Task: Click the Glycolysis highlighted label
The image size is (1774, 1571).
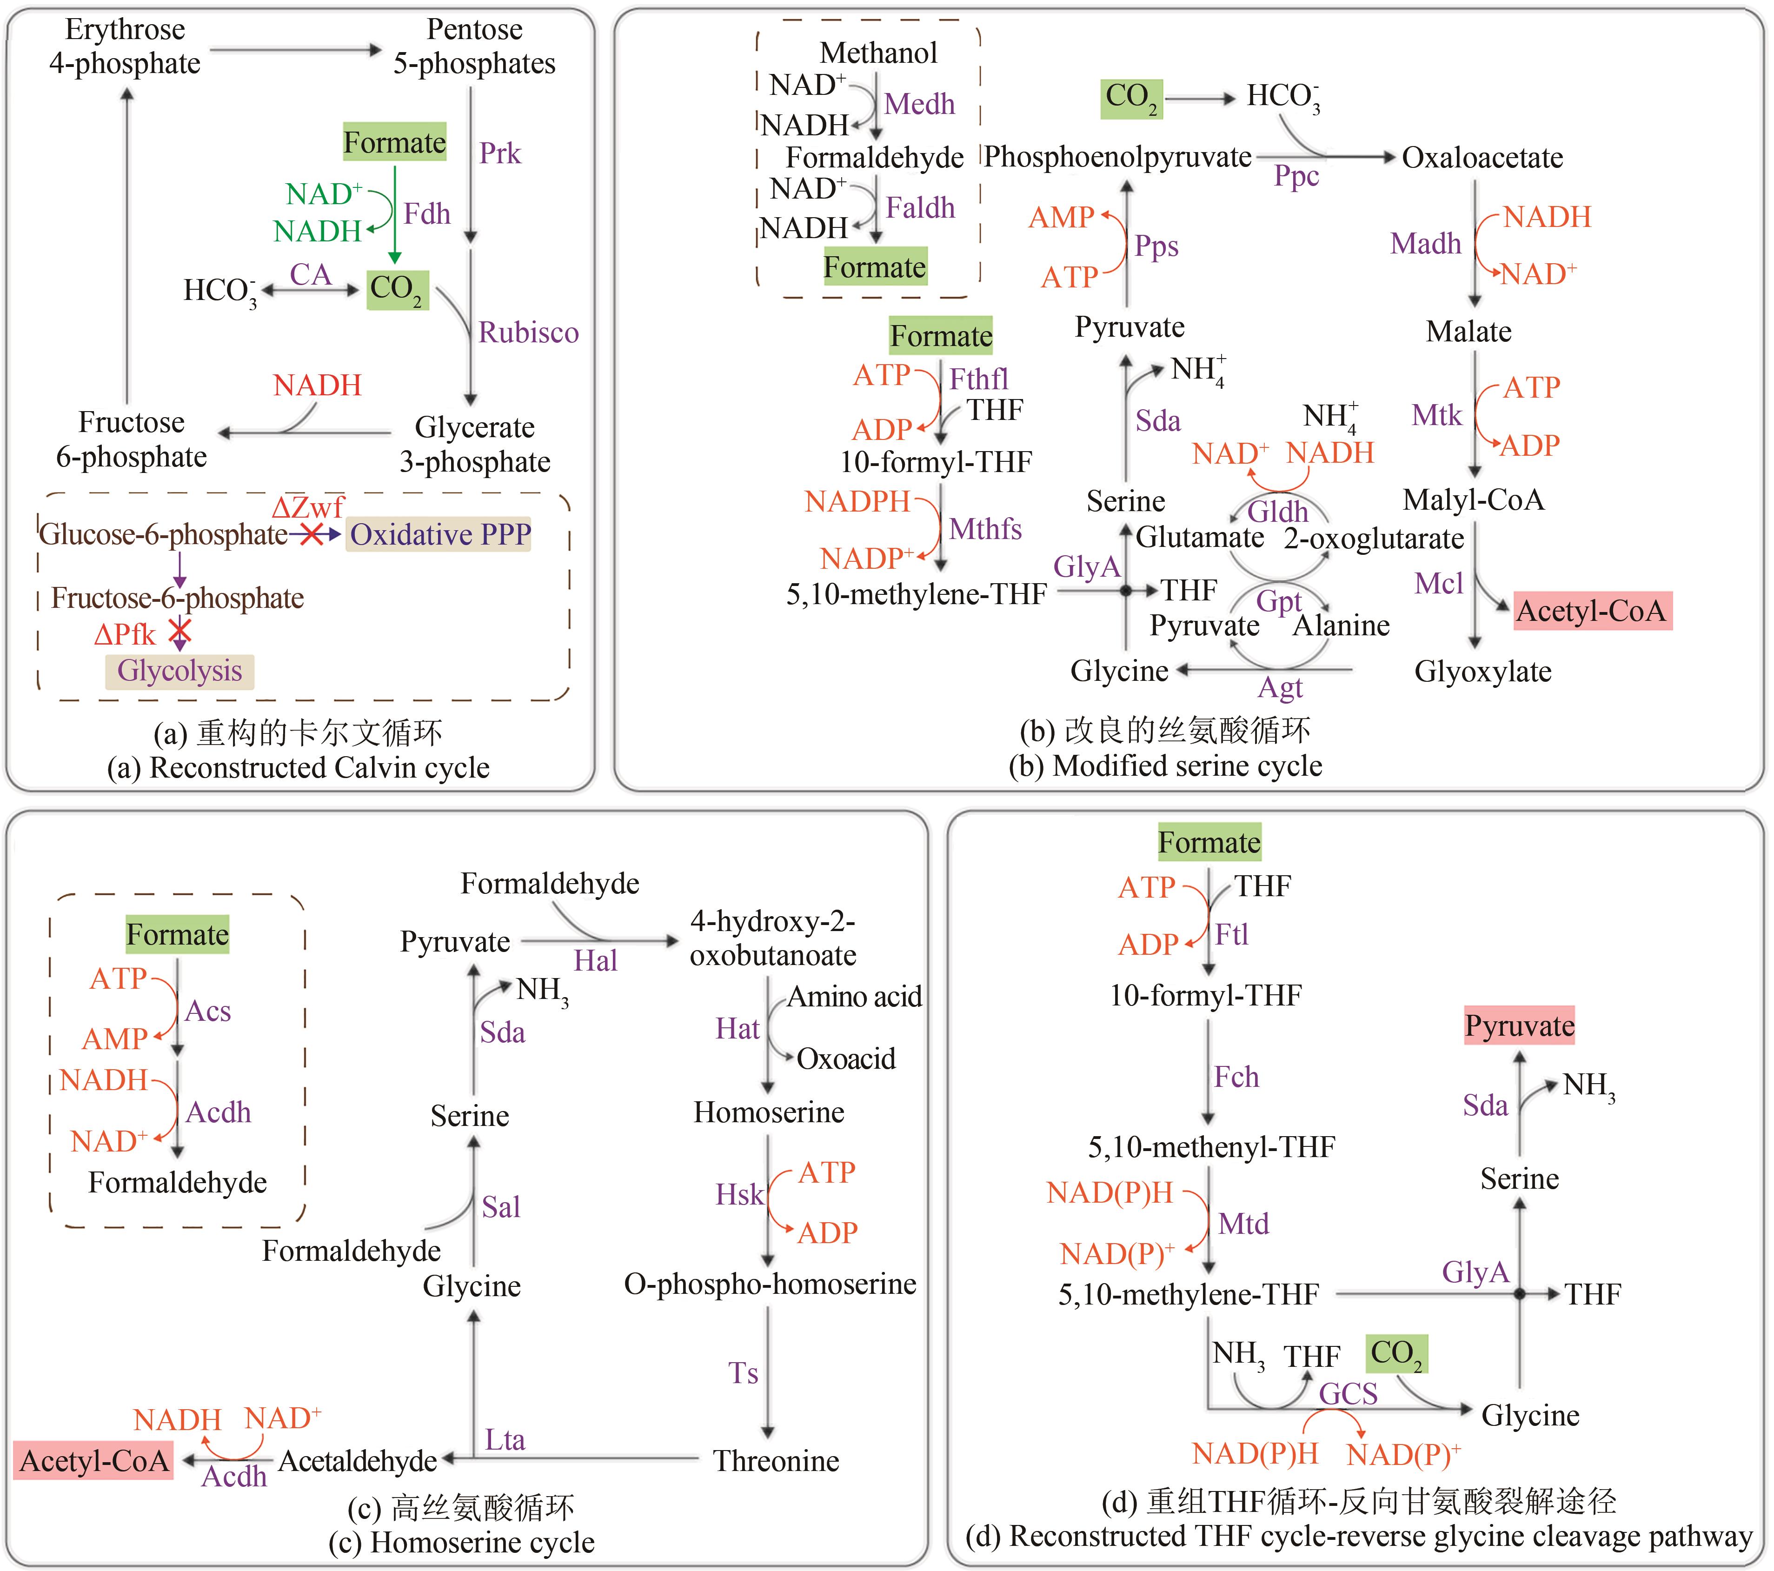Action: point(179,671)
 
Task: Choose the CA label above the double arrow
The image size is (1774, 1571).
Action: point(310,274)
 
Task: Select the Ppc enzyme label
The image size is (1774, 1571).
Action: point(1296,176)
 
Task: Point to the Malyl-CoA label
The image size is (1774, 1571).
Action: point(1474,500)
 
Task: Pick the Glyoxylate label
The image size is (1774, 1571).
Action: point(1482,671)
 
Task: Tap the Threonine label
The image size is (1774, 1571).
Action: point(776,1461)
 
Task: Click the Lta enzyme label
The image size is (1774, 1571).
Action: point(504,1440)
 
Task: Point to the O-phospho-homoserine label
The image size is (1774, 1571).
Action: point(770,1284)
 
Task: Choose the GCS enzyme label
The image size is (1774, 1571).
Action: point(1348,1394)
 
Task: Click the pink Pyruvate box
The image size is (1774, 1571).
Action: point(1519,1026)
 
